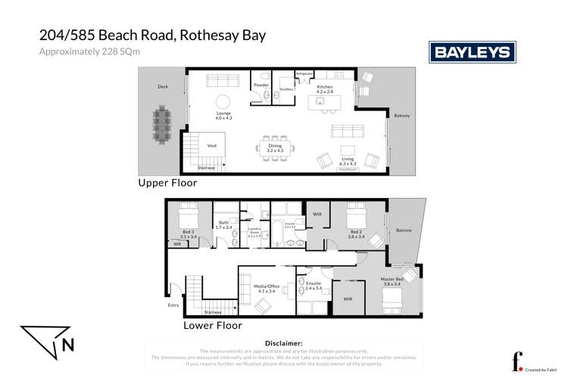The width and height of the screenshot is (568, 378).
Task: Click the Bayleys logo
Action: point(473,51)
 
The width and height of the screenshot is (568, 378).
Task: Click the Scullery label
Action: point(286,88)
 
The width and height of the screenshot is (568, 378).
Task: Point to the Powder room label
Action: point(261,85)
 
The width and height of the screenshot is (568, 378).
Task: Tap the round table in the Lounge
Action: point(223,103)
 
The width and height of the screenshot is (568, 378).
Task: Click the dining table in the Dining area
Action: point(274,146)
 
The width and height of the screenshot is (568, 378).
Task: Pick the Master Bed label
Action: point(392,281)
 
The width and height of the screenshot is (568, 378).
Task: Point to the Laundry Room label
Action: point(254,234)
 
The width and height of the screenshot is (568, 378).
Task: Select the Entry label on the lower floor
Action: point(173,306)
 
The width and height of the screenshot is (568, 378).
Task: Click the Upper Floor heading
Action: point(167,182)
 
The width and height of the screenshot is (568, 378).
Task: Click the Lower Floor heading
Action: point(212,326)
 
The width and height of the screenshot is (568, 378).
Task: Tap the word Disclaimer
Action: point(283,342)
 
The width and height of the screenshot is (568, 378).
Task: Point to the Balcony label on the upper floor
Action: point(401,115)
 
